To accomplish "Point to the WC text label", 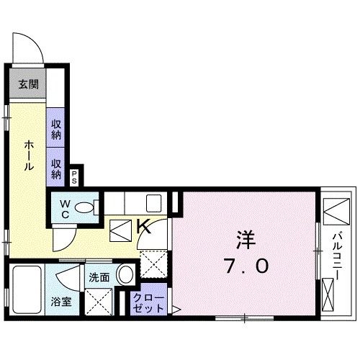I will (64, 209).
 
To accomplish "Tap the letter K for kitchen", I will (143, 228).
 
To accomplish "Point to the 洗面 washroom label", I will (99, 276).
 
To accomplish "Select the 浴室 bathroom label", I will (60, 302).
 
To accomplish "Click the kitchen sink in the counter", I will (153, 202).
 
